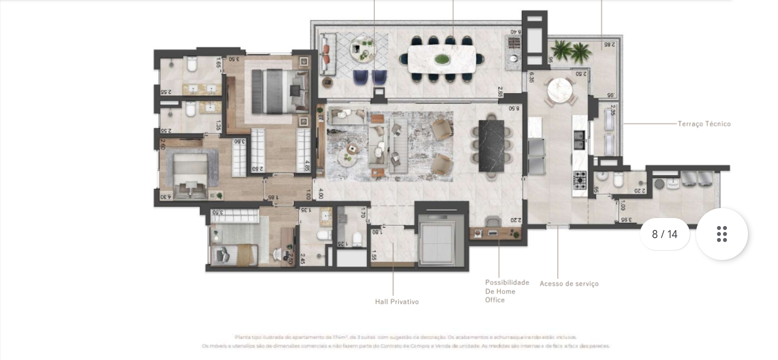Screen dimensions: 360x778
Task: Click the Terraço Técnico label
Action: pos(704,123)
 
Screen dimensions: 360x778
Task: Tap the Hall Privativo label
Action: pos(397,301)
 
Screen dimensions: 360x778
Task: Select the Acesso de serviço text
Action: pos(569,283)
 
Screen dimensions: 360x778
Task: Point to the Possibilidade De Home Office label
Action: pos(506,291)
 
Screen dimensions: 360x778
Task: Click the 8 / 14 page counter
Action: pos(664,234)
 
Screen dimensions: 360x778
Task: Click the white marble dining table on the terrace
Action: pos(442,59)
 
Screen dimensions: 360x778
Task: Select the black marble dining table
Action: pos(491,145)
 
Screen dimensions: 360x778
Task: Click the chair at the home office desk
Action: pos(493,221)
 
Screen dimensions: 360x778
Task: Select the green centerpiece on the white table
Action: pos(442,59)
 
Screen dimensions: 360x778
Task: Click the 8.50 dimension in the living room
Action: pos(514,108)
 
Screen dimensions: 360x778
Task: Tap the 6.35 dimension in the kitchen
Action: pos(531,79)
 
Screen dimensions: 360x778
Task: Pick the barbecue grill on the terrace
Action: pos(514,42)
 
